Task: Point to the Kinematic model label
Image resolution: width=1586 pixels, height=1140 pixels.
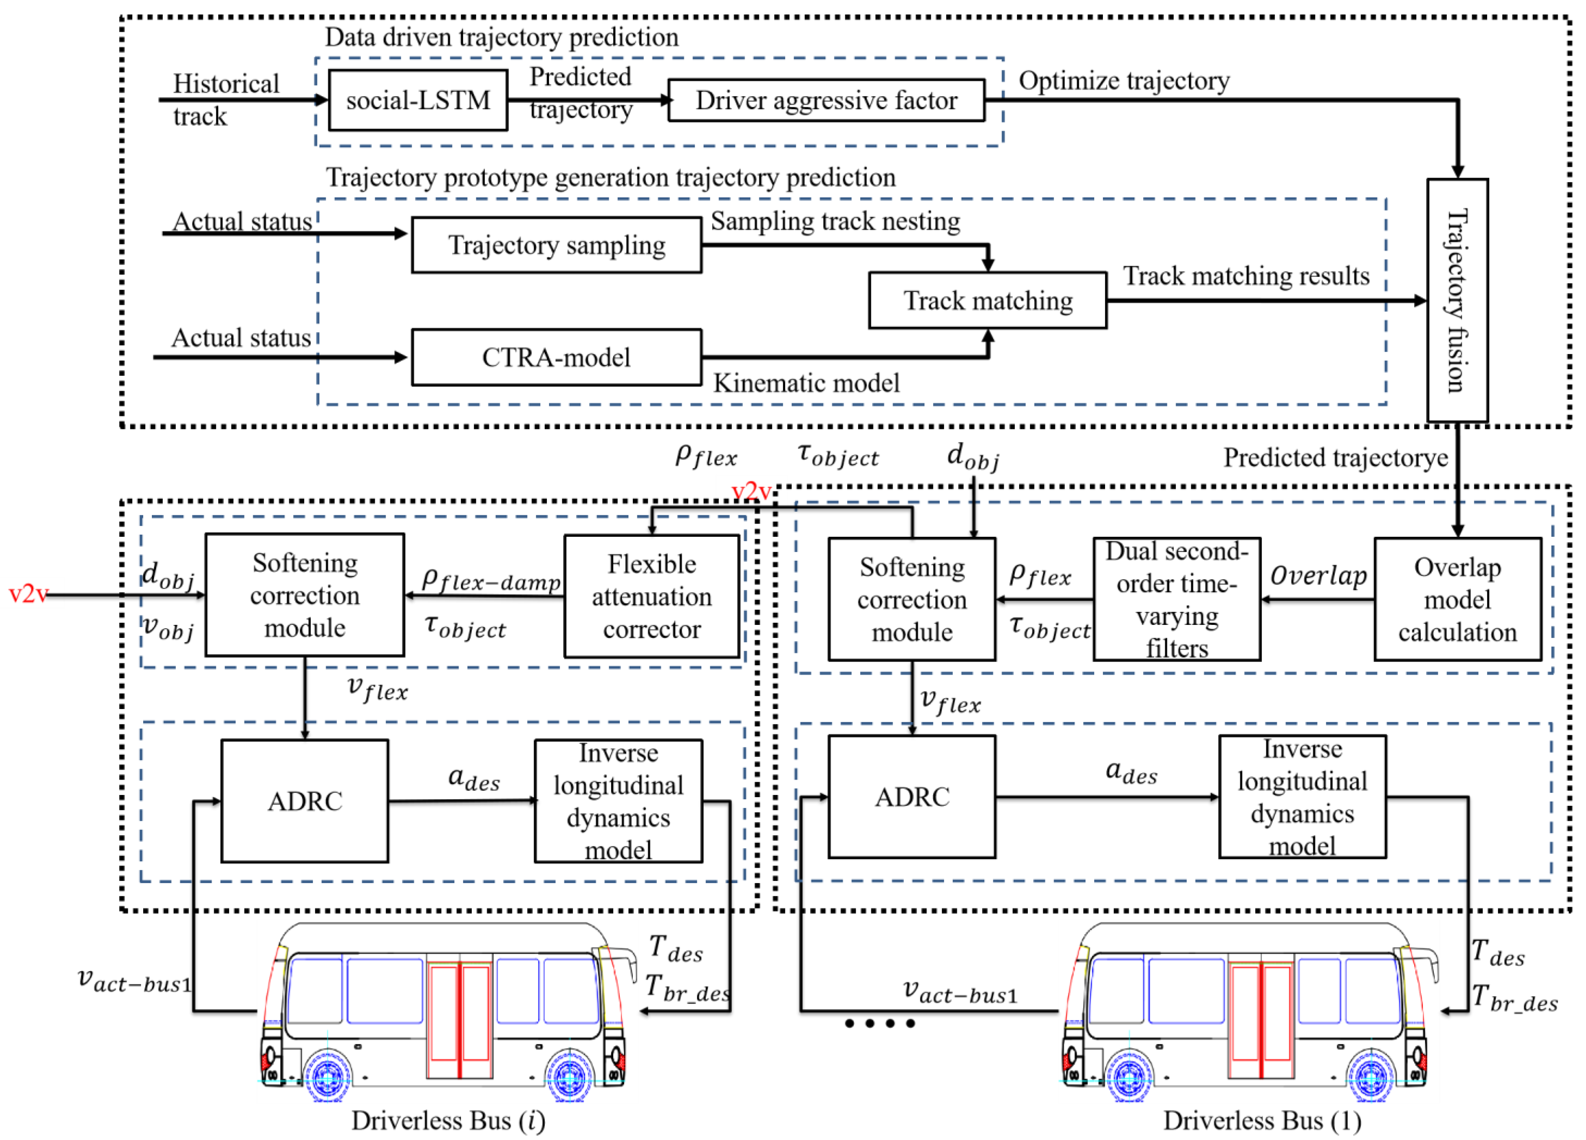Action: pos(806,383)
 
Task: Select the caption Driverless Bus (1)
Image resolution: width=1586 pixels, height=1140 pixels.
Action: pos(1262,1120)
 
